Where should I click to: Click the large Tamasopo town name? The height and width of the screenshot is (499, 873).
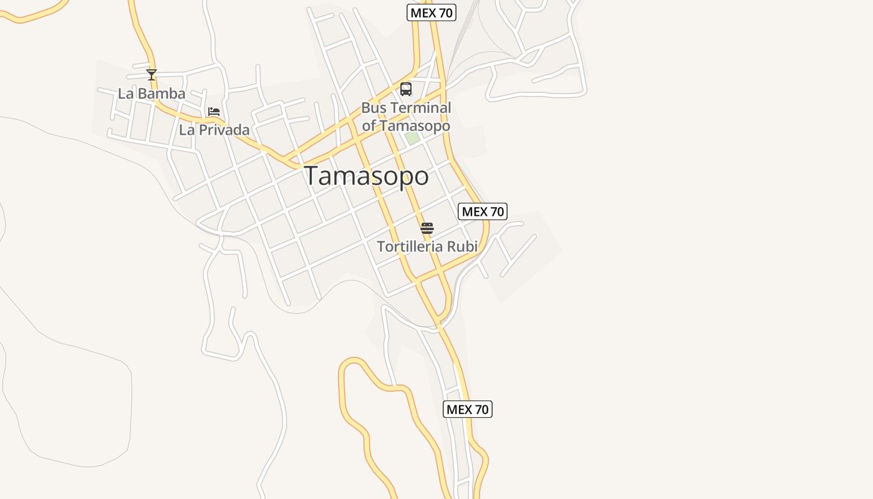[367, 176]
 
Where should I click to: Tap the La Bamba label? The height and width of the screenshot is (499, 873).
[152, 94]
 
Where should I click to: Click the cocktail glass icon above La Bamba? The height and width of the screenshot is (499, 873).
[152, 75]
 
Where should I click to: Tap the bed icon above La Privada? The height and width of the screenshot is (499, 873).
[214, 112]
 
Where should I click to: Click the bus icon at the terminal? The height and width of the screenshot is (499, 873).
[406, 89]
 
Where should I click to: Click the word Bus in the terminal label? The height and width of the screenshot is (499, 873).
[374, 108]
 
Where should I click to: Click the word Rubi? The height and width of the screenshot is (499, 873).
[463, 246]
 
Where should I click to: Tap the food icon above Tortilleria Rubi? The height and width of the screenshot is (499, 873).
[427, 228]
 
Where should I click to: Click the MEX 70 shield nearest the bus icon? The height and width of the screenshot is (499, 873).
[432, 12]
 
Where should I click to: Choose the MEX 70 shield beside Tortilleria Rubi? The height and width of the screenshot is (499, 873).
[483, 211]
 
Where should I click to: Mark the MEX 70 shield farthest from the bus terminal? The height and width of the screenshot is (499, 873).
[468, 409]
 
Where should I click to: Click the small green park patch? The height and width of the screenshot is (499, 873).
[412, 138]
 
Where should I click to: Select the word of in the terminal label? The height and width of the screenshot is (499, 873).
[369, 125]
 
